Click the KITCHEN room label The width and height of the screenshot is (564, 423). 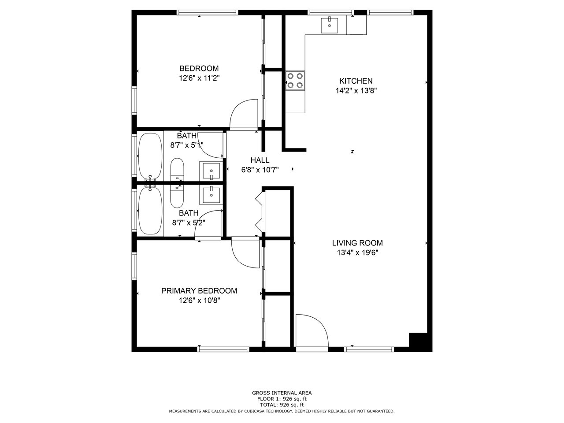tap(356, 81)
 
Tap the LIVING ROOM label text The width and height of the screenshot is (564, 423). tap(357, 243)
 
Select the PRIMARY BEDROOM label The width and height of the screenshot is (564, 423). tap(199, 291)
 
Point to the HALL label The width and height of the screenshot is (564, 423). tap(260, 160)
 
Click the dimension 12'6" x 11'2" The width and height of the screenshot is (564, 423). tap(200, 78)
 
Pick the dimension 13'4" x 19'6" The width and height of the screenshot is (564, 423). tap(357, 253)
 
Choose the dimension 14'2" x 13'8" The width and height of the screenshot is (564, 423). tap(356, 91)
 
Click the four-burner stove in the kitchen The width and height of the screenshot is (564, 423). tap(295, 81)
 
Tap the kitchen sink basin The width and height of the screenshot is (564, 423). tap(330, 25)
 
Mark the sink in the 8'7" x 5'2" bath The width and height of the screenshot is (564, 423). tap(211, 195)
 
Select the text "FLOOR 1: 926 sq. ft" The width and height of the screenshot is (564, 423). tap(282, 399)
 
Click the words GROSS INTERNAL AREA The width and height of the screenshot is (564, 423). tap(282, 393)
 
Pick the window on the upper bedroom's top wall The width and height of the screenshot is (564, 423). tap(208, 12)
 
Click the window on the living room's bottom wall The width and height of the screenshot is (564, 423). tap(369, 349)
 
